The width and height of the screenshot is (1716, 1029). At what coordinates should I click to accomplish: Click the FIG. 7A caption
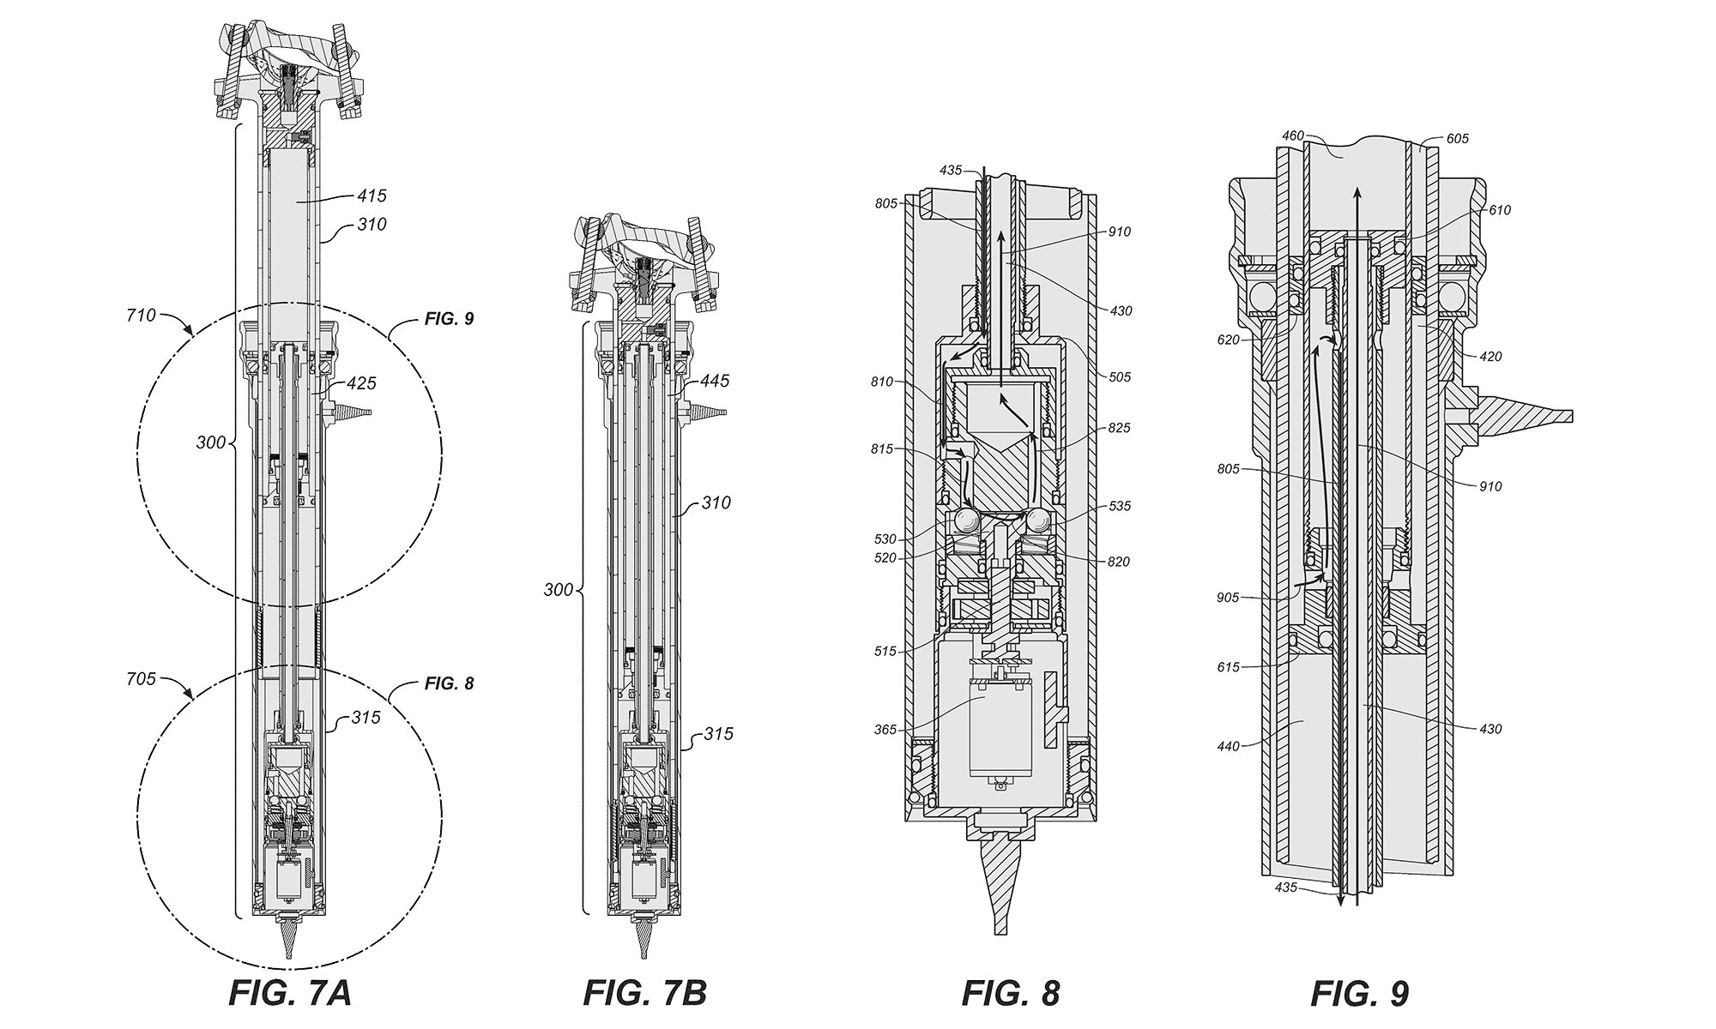[290, 992]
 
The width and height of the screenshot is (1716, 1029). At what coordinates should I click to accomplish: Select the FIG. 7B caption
[645, 992]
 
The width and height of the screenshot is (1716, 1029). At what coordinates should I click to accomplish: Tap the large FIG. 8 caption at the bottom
[1011, 992]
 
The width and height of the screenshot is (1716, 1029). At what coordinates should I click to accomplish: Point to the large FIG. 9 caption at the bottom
[1359, 992]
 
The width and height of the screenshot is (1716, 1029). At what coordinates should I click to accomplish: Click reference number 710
[141, 316]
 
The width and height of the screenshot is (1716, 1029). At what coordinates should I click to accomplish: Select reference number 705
[141, 679]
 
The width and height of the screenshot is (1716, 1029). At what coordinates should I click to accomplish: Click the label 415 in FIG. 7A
[372, 196]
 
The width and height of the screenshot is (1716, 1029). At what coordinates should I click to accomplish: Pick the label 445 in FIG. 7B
[714, 381]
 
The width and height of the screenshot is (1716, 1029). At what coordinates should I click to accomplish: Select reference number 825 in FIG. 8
[1119, 428]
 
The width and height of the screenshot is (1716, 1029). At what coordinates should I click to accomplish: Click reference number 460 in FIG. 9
[1293, 135]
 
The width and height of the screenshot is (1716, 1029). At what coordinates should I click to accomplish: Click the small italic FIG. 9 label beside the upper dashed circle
[449, 318]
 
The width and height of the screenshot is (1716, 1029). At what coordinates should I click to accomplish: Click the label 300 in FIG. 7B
[558, 590]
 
